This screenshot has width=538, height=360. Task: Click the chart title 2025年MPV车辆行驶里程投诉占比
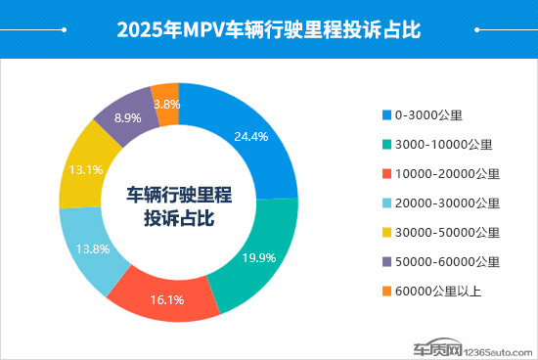(x=268, y=28)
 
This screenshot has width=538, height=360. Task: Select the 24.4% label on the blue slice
(x=251, y=137)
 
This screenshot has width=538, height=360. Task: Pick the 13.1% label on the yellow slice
(x=84, y=168)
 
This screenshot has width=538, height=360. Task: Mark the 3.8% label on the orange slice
(x=165, y=103)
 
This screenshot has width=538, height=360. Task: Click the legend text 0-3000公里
(x=427, y=115)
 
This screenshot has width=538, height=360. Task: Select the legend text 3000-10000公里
(x=443, y=145)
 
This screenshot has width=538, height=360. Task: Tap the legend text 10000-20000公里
(x=447, y=174)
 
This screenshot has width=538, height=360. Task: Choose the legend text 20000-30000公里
(x=447, y=203)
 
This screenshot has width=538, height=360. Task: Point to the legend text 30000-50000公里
(x=447, y=233)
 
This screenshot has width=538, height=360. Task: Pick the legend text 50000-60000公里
(x=447, y=262)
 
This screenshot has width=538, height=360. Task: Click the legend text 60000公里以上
(x=439, y=292)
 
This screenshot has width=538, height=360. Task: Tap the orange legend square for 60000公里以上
(x=385, y=292)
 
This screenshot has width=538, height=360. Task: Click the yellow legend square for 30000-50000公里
(x=385, y=233)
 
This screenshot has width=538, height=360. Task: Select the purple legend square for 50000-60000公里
(x=385, y=262)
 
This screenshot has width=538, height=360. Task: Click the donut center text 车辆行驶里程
(x=178, y=193)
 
